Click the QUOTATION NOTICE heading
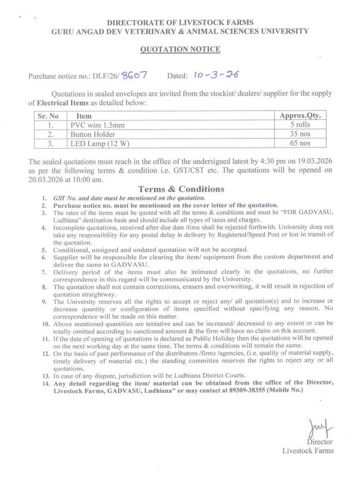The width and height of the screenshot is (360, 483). click(180, 50)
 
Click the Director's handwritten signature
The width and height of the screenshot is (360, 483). click(315, 427)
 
